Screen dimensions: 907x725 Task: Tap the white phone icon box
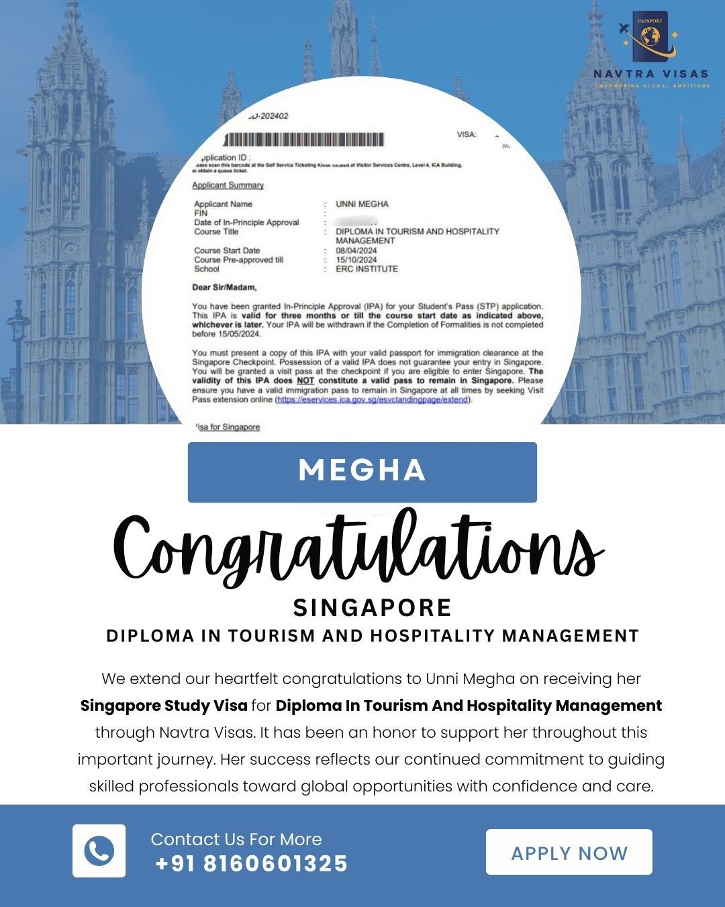tap(99, 851)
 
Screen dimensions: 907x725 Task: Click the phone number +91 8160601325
tap(251, 863)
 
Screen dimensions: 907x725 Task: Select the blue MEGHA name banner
tap(362, 472)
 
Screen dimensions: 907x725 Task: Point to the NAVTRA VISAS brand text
tap(650, 74)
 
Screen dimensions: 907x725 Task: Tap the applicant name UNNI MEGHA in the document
tap(362, 204)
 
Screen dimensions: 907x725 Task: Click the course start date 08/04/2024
tap(356, 251)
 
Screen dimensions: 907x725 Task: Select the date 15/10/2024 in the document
tap(356, 259)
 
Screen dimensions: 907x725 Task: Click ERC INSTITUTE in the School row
tap(367, 269)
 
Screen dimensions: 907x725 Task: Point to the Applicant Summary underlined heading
tap(228, 185)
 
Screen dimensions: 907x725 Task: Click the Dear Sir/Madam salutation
tap(224, 288)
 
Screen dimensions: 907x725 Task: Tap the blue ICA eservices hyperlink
tap(373, 400)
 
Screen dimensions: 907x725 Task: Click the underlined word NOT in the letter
tap(305, 380)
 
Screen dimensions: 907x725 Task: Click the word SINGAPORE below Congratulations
tap(372, 607)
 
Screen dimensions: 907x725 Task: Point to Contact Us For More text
tap(236, 839)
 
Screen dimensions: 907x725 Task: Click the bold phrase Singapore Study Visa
tap(164, 705)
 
